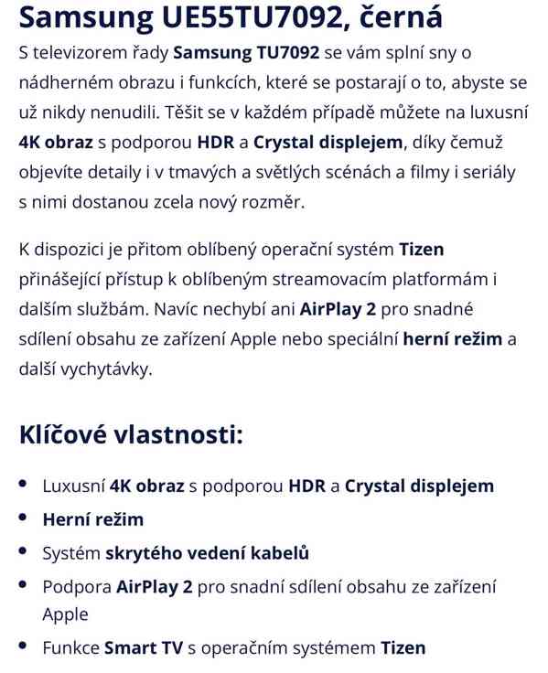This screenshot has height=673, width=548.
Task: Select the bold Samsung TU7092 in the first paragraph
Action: (x=245, y=53)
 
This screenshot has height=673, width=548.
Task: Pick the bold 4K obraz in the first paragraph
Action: (x=56, y=142)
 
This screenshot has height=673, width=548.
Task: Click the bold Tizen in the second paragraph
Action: (x=422, y=249)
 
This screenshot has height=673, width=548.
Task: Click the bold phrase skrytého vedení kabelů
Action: (x=207, y=552)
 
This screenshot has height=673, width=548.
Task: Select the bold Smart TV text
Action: (x=144, y=647)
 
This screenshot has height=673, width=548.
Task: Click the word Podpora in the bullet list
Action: (x=77, y=586)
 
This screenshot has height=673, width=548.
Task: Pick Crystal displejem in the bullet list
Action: (x=419, y=486)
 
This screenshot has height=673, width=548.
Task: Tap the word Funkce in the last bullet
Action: (x=70, y=647)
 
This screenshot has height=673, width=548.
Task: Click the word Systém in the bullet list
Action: (x=71, y=552)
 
